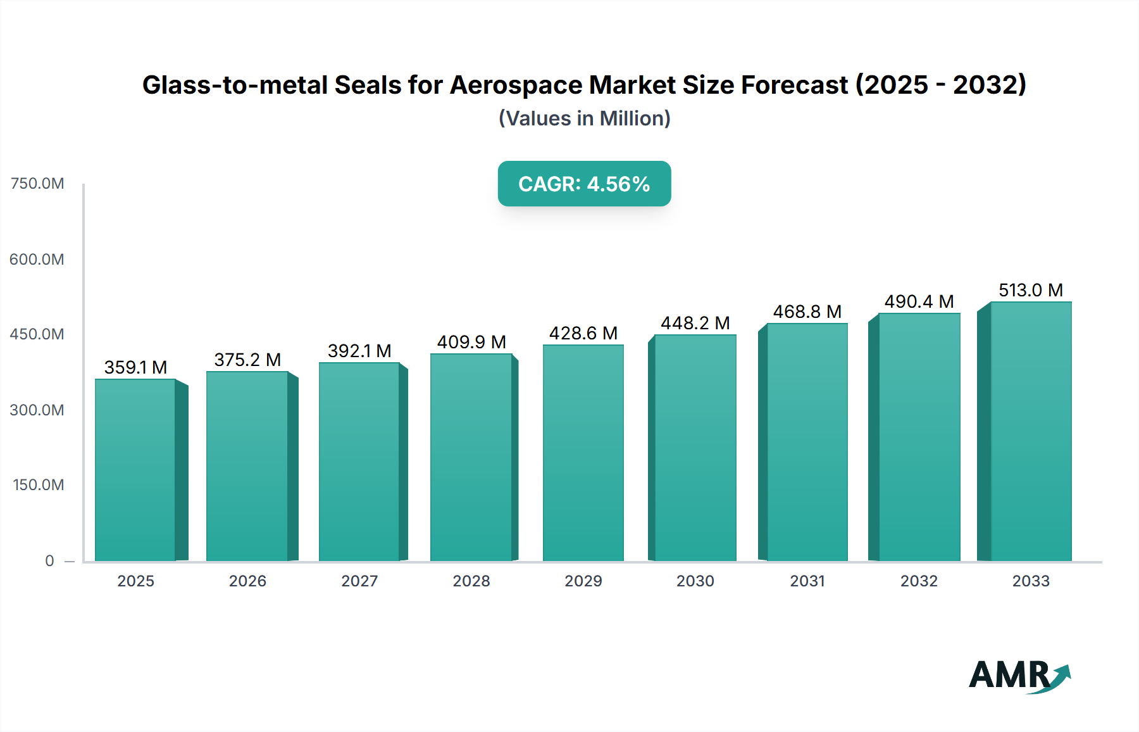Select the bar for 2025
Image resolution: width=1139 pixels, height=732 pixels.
[135, 470]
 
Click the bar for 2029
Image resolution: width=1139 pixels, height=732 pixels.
[583, 453]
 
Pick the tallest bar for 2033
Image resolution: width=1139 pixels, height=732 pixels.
[1031, 432]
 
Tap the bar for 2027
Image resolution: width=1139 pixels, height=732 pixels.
[359, 462]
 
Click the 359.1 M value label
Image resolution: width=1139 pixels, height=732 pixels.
[135, 367]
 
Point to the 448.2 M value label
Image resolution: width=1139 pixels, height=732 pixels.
[695, 323]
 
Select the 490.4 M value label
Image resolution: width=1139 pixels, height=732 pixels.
[919, 301]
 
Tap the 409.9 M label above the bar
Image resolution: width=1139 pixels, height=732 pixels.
[471, 342]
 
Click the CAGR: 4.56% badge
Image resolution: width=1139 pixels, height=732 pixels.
[584, 184]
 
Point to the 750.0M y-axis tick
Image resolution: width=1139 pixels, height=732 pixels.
[37, 184]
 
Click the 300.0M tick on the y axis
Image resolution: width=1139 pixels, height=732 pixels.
[37, 410]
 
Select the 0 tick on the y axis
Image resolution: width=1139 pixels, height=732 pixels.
[49, 560]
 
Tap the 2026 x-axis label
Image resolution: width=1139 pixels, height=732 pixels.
[247, 581]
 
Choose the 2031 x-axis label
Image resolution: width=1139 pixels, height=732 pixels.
[807, 581]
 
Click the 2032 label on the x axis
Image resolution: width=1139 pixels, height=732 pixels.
[919, 581]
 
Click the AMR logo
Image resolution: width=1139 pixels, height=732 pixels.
[1019, 676]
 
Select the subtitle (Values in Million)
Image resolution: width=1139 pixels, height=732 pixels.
[584, 118]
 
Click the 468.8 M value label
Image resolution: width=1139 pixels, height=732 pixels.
[807, 312]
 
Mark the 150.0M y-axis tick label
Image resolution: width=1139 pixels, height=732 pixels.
[39, 485]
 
